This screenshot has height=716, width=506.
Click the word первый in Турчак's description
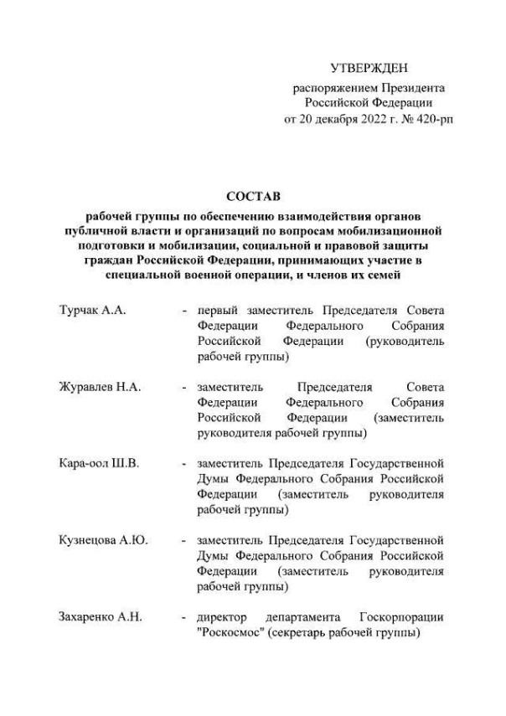coord(216,312)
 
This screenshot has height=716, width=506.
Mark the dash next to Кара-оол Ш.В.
coord(183,464)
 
